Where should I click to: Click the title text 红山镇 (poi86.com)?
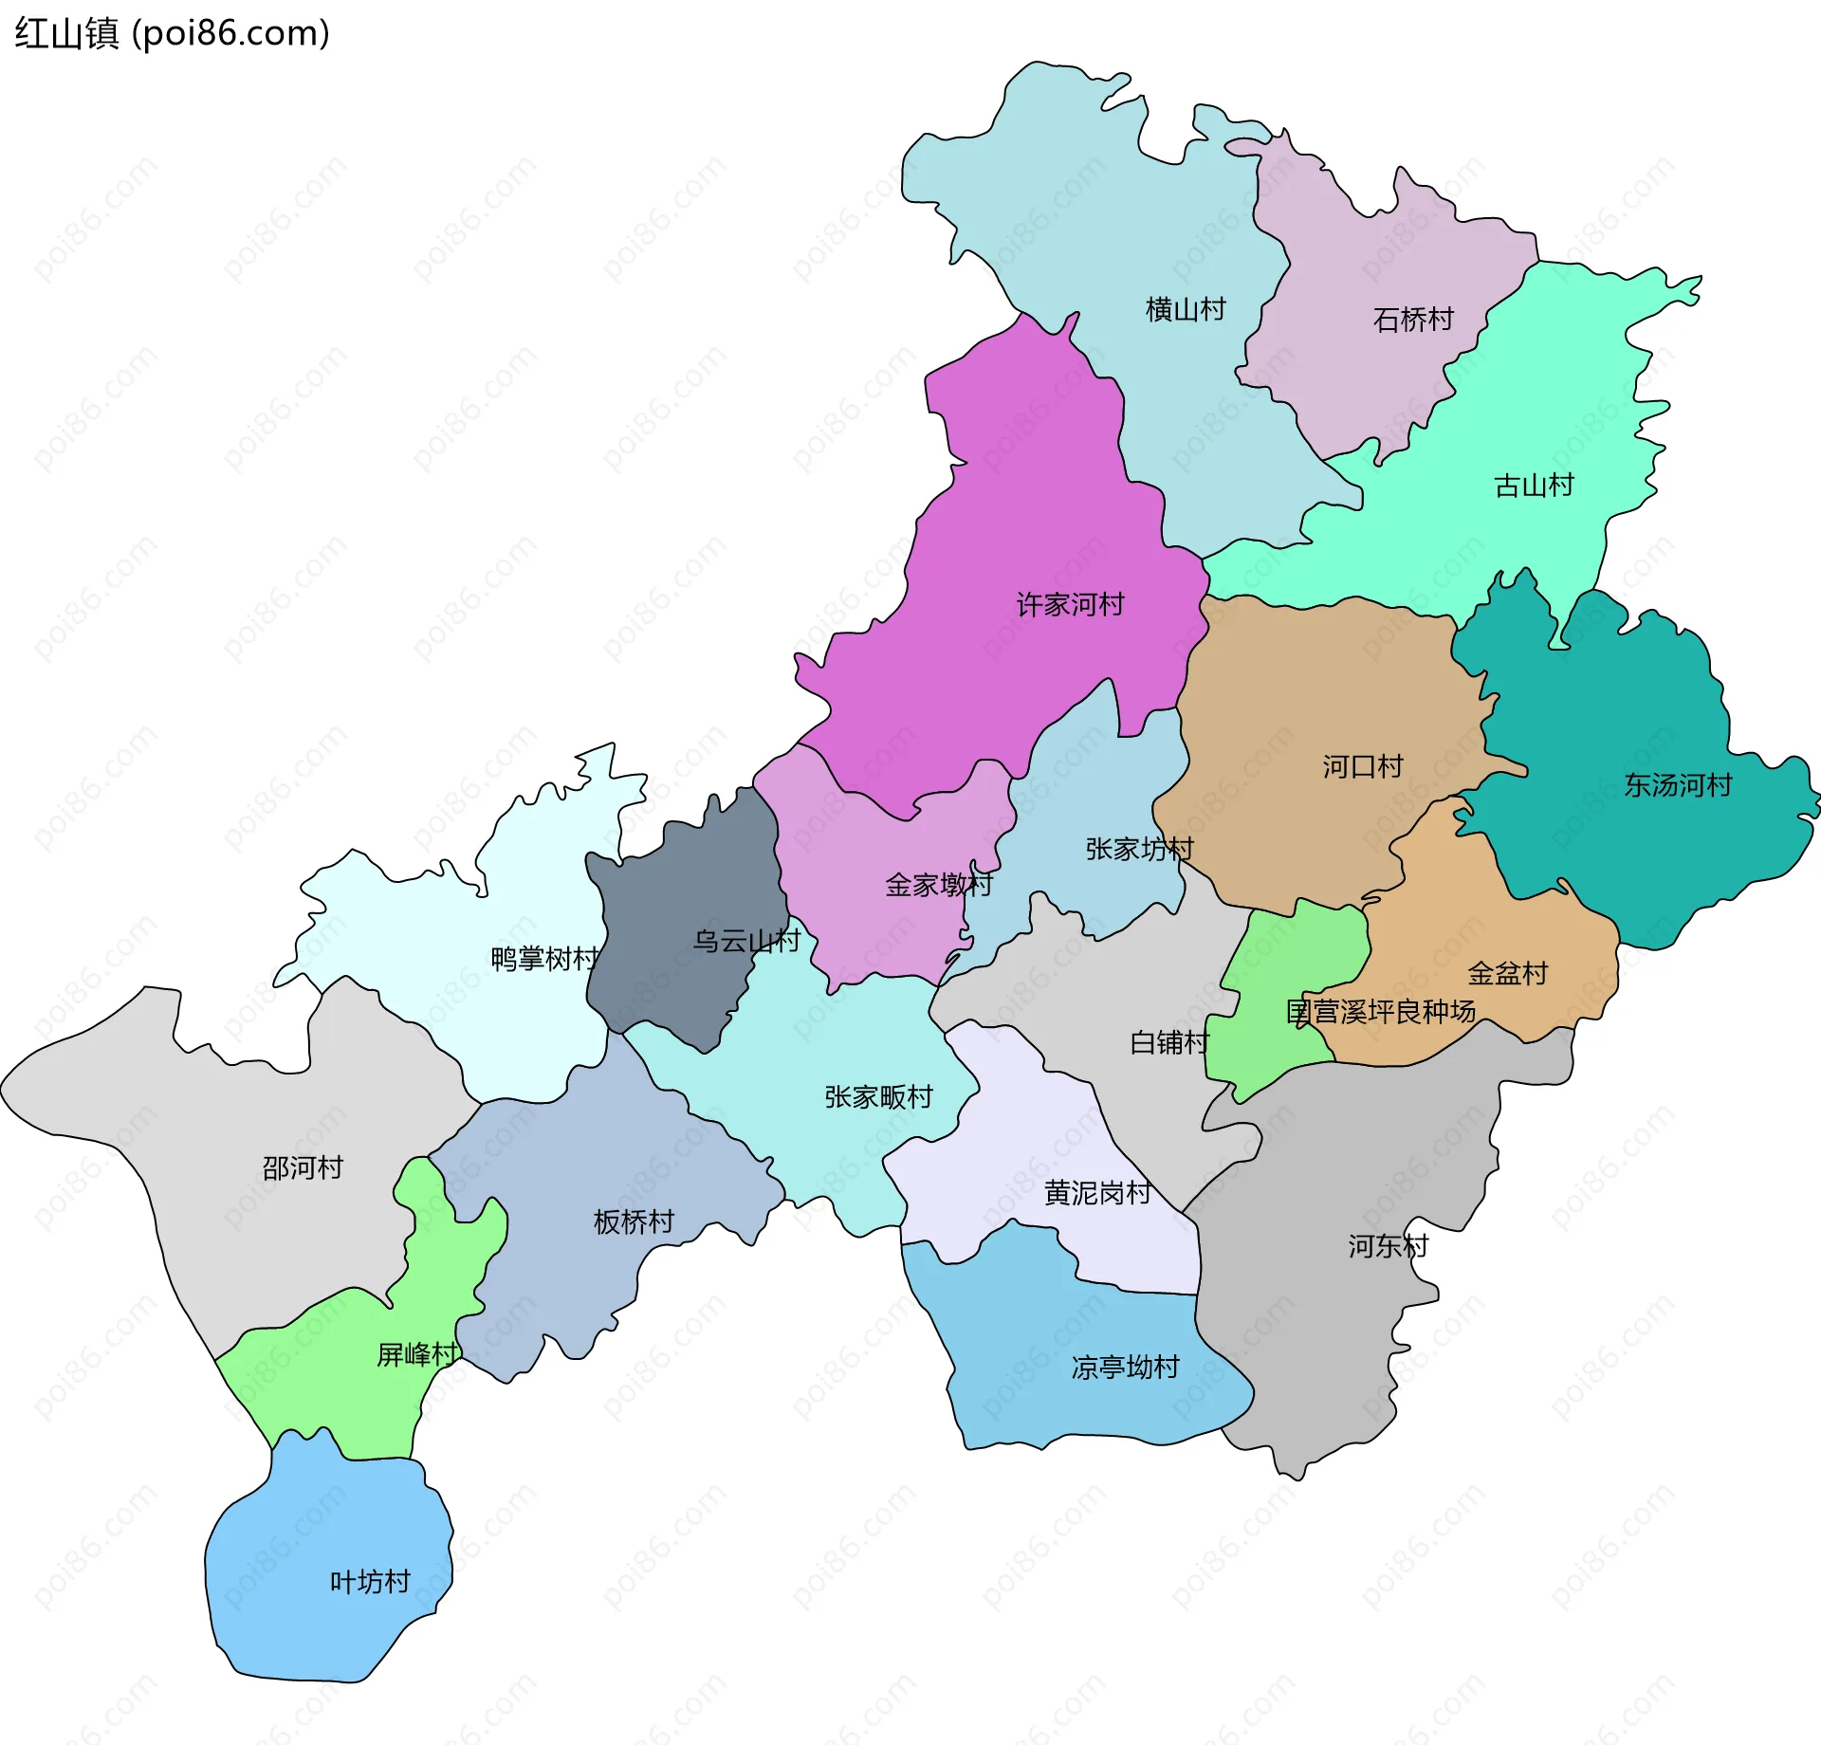(172, 33)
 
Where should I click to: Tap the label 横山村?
(1186, 309)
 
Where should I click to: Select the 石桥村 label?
(1413, 320)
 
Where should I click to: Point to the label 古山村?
(1534, 486)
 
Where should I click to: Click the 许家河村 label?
(1070, 604)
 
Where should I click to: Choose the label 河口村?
(1363, 766)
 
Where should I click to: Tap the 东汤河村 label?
(1678, 785)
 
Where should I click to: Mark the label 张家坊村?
(1139, 849)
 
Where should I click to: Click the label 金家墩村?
(938, 885)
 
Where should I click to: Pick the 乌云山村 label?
(746, 941)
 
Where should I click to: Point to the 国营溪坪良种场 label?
(1380, 1011)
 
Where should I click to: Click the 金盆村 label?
(1507, 973)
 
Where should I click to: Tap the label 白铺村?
(1169, 1042)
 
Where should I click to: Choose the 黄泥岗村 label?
(1097, 1192)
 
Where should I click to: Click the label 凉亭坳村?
(1125, 1367)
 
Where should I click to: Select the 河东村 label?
(1388, 1245)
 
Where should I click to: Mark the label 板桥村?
(634, 1221)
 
